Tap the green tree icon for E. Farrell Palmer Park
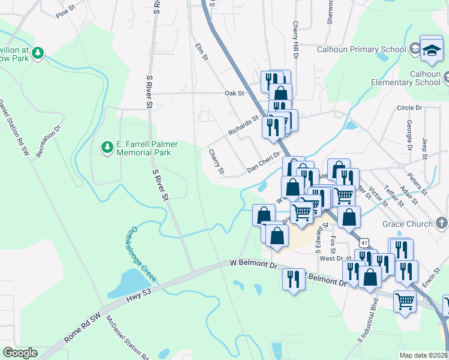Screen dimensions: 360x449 [107, 146]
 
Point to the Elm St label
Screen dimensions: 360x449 [201, 52]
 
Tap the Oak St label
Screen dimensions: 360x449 [234, 93]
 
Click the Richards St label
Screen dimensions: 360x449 [243, 125]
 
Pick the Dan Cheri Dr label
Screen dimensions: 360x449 [264, 163]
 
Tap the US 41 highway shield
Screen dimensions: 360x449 [364, 242]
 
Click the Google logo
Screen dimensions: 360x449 [20, 353]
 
